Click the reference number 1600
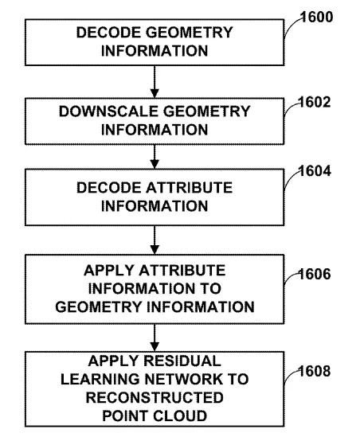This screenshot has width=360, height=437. click(x=317, y=17)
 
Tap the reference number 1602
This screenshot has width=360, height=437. click(x=315, y=102)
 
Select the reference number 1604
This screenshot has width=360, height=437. click(x=315, y=170)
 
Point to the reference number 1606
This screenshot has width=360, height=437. click(x=315, y=274)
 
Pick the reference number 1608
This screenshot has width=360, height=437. click(x=315, y=371)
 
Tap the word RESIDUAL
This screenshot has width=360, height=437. click(x=182, y=361)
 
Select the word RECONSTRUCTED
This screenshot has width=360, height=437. click(x=155, y=397)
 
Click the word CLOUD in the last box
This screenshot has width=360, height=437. click(x=180, y=416)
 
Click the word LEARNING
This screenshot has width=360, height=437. click(x=100, y=380)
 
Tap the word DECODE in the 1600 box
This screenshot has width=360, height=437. click(x=108, y=33)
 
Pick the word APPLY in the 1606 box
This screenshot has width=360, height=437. click(x=110, y=271)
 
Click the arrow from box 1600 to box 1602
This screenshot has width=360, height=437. click(x=155, y=82)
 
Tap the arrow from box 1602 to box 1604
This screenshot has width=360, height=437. click(x=155, y=157)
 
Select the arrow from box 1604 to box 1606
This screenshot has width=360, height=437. click(x=155, y=240)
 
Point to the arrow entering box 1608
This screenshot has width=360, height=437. click(x=155, y=338)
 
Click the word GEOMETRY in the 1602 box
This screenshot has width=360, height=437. click(x=206, y=111)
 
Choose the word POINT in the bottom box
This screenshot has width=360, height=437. click(x=126, y=416)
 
